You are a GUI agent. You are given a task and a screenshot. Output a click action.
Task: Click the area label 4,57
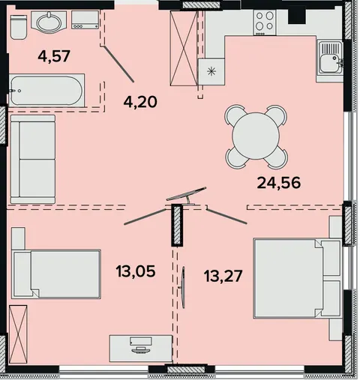(54, 55)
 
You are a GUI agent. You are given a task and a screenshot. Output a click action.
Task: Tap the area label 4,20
(140, 101)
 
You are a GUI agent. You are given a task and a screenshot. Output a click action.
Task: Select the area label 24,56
(279, 183)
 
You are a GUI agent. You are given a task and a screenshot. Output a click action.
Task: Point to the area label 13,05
(136, 271)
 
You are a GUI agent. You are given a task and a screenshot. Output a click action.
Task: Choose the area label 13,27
(223, 276)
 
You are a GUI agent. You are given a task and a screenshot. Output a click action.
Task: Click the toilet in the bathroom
(19, 27)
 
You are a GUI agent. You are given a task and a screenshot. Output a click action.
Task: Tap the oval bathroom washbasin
(49, 22)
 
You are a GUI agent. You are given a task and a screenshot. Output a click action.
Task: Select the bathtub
(46, 91)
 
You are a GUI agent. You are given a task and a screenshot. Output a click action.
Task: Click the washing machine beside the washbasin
(85, 19)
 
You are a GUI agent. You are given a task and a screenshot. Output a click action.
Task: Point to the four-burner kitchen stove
(265, 22)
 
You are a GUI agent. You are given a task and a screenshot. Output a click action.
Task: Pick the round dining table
(256, 136)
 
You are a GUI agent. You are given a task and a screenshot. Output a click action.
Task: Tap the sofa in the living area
(33, 159)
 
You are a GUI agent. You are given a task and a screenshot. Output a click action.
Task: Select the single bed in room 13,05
(56, 274)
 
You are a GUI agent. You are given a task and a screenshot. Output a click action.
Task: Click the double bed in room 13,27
(297, 278)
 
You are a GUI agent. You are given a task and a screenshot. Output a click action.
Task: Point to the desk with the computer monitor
(141, 349)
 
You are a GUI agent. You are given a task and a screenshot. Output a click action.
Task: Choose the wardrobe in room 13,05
(18, 334)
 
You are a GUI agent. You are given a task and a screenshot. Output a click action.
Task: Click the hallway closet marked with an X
(184, 48)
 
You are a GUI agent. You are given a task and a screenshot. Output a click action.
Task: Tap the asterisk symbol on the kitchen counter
(211, 72)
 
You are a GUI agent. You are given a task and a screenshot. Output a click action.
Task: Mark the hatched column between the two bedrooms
(177, 225)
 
